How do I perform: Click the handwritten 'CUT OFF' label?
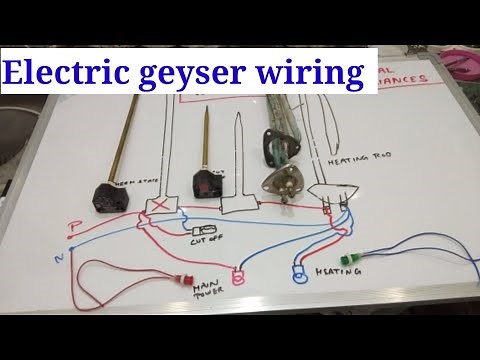tap(206, 248)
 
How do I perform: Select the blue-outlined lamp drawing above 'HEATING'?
tap(299, 270)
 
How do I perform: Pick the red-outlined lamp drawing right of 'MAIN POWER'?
tap(238, 278)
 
